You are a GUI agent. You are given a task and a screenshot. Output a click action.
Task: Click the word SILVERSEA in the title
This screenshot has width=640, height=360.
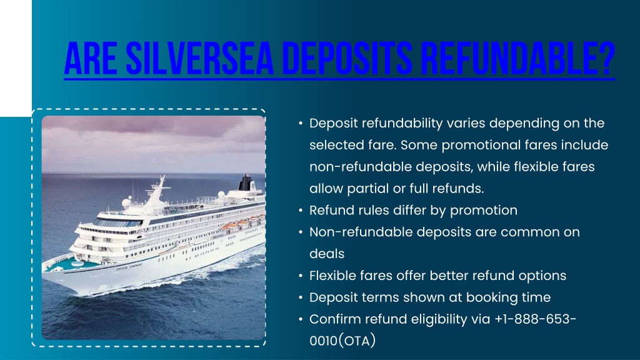tap(199, 58)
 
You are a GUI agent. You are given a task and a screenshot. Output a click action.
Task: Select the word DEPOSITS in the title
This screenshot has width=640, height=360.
tap(347, 58)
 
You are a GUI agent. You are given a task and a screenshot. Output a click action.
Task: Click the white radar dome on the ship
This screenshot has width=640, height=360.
tap(126, 202)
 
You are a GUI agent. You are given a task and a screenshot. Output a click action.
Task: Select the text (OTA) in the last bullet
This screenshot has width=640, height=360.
tap(357, 341)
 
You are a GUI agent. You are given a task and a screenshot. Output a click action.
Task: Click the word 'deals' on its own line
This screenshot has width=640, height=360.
tap(327, 254)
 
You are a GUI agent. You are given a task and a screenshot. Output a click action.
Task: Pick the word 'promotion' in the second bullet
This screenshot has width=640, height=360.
tap(484, 211)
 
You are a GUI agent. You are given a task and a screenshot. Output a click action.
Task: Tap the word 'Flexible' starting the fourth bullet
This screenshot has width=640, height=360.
tap(332, 276)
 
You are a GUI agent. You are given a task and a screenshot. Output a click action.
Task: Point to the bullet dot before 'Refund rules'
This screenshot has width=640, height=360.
tap(301, 211)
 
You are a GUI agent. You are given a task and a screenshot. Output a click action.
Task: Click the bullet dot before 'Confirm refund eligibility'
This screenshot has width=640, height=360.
tap(301, 319)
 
